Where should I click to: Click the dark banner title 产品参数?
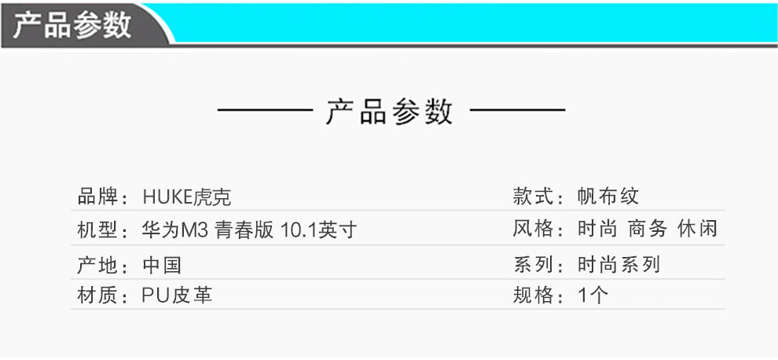click(72, 26)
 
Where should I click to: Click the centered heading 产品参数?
click(389, 112)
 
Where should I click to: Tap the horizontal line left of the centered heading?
click(265, 110)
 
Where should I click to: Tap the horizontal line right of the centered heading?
click(517, 110)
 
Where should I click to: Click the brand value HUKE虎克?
click(186, 197)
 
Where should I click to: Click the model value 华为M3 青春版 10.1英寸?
click(250, 230)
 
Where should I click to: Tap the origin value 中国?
click(162, 264)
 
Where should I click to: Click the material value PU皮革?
click(178, 296)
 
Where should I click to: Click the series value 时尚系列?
click(618, 264)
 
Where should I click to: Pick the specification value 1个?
click(593, 296)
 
